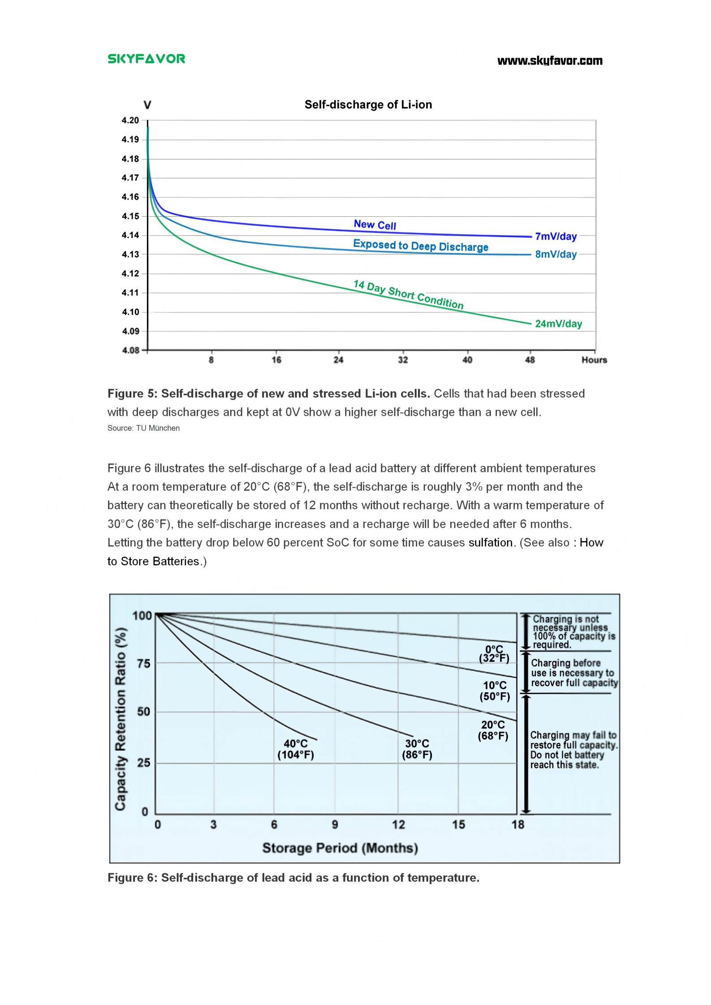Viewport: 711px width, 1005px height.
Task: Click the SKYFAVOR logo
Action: pyautogui.click(x=146, y=59)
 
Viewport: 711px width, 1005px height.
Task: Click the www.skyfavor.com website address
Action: pyautogui.click(x=550, y=61)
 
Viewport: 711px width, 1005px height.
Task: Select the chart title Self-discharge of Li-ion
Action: pyautogui.click(x=368, y=105)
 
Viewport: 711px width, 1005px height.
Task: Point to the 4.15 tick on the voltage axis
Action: pyautogui.click(x=130, y=216)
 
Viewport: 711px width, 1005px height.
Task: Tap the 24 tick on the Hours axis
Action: pyautogui.click(x=339, y=360)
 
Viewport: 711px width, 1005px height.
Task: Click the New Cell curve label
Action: pyautogui.click(x=375, y=225)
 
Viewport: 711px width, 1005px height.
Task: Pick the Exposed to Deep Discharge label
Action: pyautogui.click(x=420, y=245)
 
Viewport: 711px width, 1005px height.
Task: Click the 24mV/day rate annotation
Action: pyautogui.click(x=558, y=324)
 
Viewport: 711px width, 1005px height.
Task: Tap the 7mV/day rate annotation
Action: pyautogui.click(x=556, y=236)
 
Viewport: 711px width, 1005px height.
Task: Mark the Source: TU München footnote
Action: pyautogui.click(x=143, y=428)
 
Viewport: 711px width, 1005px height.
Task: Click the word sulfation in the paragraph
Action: pyautogui.click(x=490, y=543)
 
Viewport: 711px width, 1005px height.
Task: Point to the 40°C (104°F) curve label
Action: pyautogui.click(x=296, y=749)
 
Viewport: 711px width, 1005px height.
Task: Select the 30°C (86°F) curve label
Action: pyautogui.click(x=417, y=749)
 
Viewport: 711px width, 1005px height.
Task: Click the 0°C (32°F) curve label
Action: pyautogui.click(x=494, y=654)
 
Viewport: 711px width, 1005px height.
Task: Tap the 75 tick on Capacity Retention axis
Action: pyautogui.click(x=143, y=664)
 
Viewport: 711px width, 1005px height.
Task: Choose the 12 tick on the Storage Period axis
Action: pyautogui.click(x=398, y=825)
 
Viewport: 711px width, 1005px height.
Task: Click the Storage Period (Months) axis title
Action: pyautogui.click(x=340, y=848)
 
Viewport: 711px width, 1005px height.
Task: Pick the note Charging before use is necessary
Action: pyautogui.click(x=573, y=673)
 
